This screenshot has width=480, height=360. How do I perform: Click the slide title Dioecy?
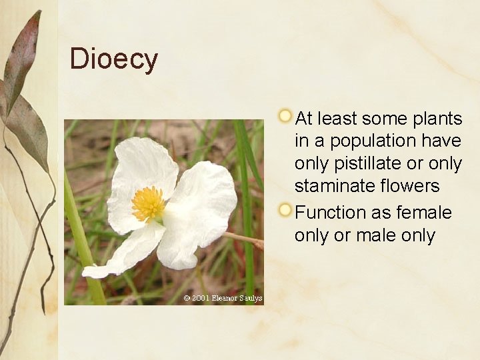(x=113, y=59)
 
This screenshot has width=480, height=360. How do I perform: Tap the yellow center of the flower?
(x=148, y=204)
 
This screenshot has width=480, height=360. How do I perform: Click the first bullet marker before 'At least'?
(x=285, y=116)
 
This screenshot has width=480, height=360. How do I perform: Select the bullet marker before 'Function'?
(x=285, y=210)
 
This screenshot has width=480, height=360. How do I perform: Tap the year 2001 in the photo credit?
(x=200, y=298)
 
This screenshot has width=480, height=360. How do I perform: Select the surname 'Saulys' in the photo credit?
(x=251, y=298)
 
